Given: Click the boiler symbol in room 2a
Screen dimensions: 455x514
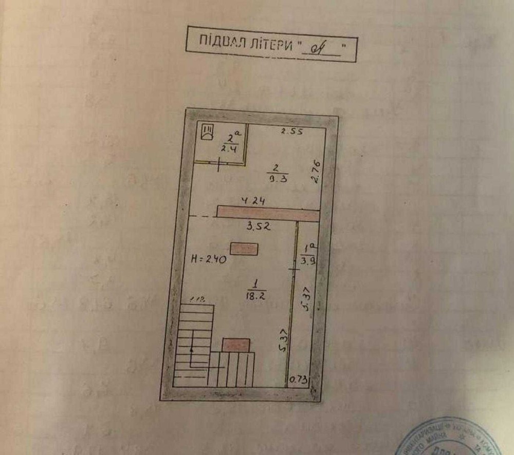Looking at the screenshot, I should [x=208, y=132].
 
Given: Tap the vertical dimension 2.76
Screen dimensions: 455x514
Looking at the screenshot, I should [x=316, y=172].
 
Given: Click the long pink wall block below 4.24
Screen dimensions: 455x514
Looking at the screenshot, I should [x=267, y=213].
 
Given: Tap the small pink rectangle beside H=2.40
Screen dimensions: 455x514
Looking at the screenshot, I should [x=244, y=249].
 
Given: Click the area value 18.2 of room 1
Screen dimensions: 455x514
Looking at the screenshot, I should [x=255, y=295].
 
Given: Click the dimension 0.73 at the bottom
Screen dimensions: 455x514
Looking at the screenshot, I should [x=299, y=380].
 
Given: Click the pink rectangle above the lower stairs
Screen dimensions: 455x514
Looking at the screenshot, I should [x=236, y=345].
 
